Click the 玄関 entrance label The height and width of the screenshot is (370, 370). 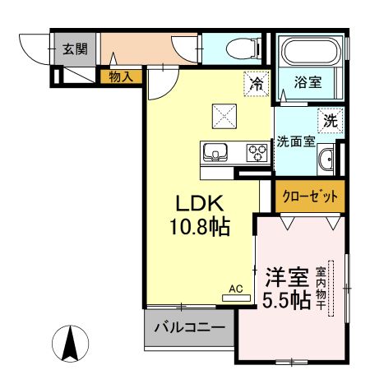pyautogui.click(x=75, y=49)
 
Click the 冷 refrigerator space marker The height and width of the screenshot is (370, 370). pyautogui.click(x=257, y=82)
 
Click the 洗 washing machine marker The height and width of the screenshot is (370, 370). pyautogui.click(x=330, y=120)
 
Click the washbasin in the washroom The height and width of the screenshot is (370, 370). pyautogui.click(x=326, y=160)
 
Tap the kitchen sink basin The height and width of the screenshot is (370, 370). pyautogui.click(x=216, y=152)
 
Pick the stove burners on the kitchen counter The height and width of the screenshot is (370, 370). pyautogui.click(x=257, y=152)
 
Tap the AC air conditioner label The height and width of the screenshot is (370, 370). pyautogui.click(x=236, y=288)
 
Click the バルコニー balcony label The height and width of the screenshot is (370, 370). pyautogui.click(x=190, y=327)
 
